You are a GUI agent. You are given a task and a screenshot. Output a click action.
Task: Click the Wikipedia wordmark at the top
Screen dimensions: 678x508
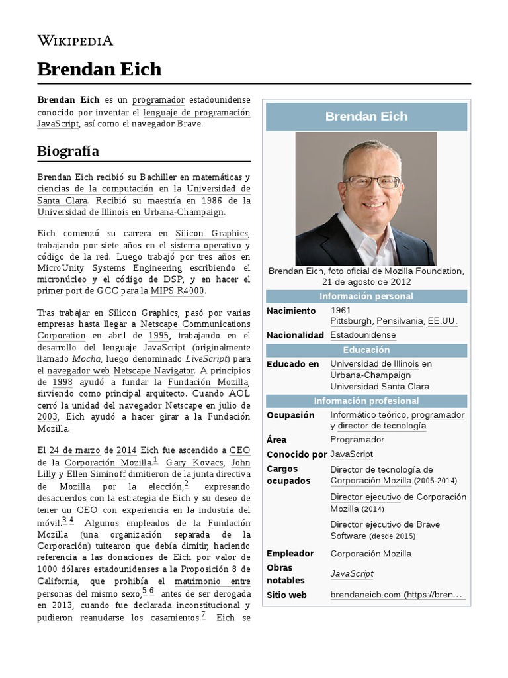pos(75,41)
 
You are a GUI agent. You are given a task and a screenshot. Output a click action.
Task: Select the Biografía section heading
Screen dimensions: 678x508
pos(68,151)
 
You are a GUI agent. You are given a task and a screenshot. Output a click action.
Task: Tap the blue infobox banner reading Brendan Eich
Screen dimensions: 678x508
pos(366,117)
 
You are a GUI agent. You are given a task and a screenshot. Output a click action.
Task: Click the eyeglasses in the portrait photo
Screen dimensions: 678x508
pos(365,181)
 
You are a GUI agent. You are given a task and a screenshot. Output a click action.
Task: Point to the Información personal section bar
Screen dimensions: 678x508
pos(366,296)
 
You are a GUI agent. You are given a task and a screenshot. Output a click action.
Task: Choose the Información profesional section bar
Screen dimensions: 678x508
pos(366,401)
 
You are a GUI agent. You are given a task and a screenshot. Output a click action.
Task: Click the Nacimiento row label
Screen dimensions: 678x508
pos(291,310)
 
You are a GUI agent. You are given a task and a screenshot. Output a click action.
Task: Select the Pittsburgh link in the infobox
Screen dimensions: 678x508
pos(351,321)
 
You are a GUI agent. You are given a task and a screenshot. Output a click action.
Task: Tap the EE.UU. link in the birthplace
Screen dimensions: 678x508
pos(443,321)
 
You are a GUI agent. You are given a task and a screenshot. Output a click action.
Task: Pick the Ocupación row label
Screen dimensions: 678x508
pos(290,415)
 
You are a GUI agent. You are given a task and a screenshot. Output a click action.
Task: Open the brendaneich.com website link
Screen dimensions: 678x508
pos(396,595)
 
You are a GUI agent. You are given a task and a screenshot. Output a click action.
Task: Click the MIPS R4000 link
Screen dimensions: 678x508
pos(177,291)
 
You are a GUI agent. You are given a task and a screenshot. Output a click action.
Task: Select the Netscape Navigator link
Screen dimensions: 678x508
pos(154,371)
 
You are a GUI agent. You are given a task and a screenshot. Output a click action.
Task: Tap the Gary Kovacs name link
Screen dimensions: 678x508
pos(194,462)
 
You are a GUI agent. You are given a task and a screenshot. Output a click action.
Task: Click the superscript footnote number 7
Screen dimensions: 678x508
pos(203,615)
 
